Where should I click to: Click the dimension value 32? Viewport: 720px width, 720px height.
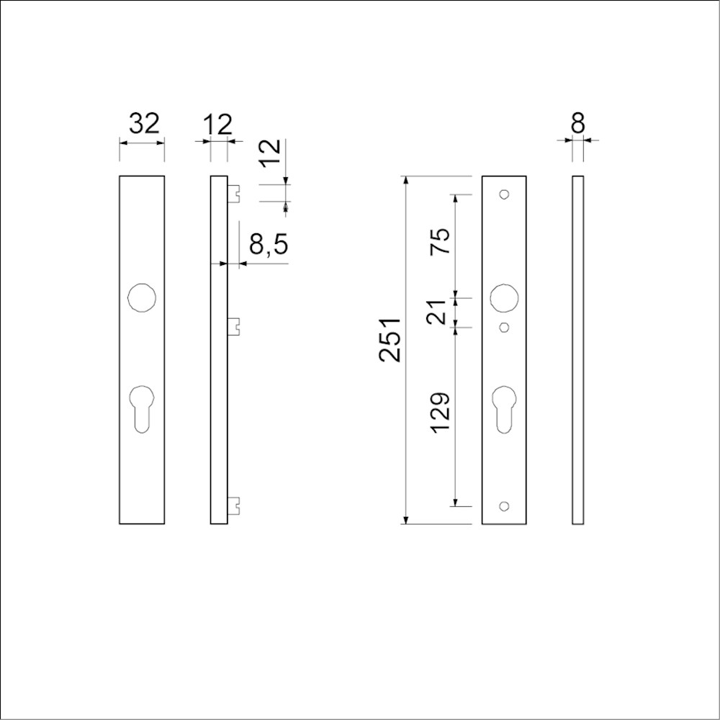pos(144,124)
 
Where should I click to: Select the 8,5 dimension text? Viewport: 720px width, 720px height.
pos(269,244)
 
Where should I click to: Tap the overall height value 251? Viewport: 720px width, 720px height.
pos(390,340)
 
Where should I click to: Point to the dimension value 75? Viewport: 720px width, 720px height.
pos(439,241)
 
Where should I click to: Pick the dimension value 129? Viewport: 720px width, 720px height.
pos(439,413)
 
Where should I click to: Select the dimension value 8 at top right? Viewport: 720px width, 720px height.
pos(577,124)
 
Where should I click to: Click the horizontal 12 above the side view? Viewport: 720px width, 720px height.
pos(218,124)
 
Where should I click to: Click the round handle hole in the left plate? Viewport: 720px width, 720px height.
pos(142,297)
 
